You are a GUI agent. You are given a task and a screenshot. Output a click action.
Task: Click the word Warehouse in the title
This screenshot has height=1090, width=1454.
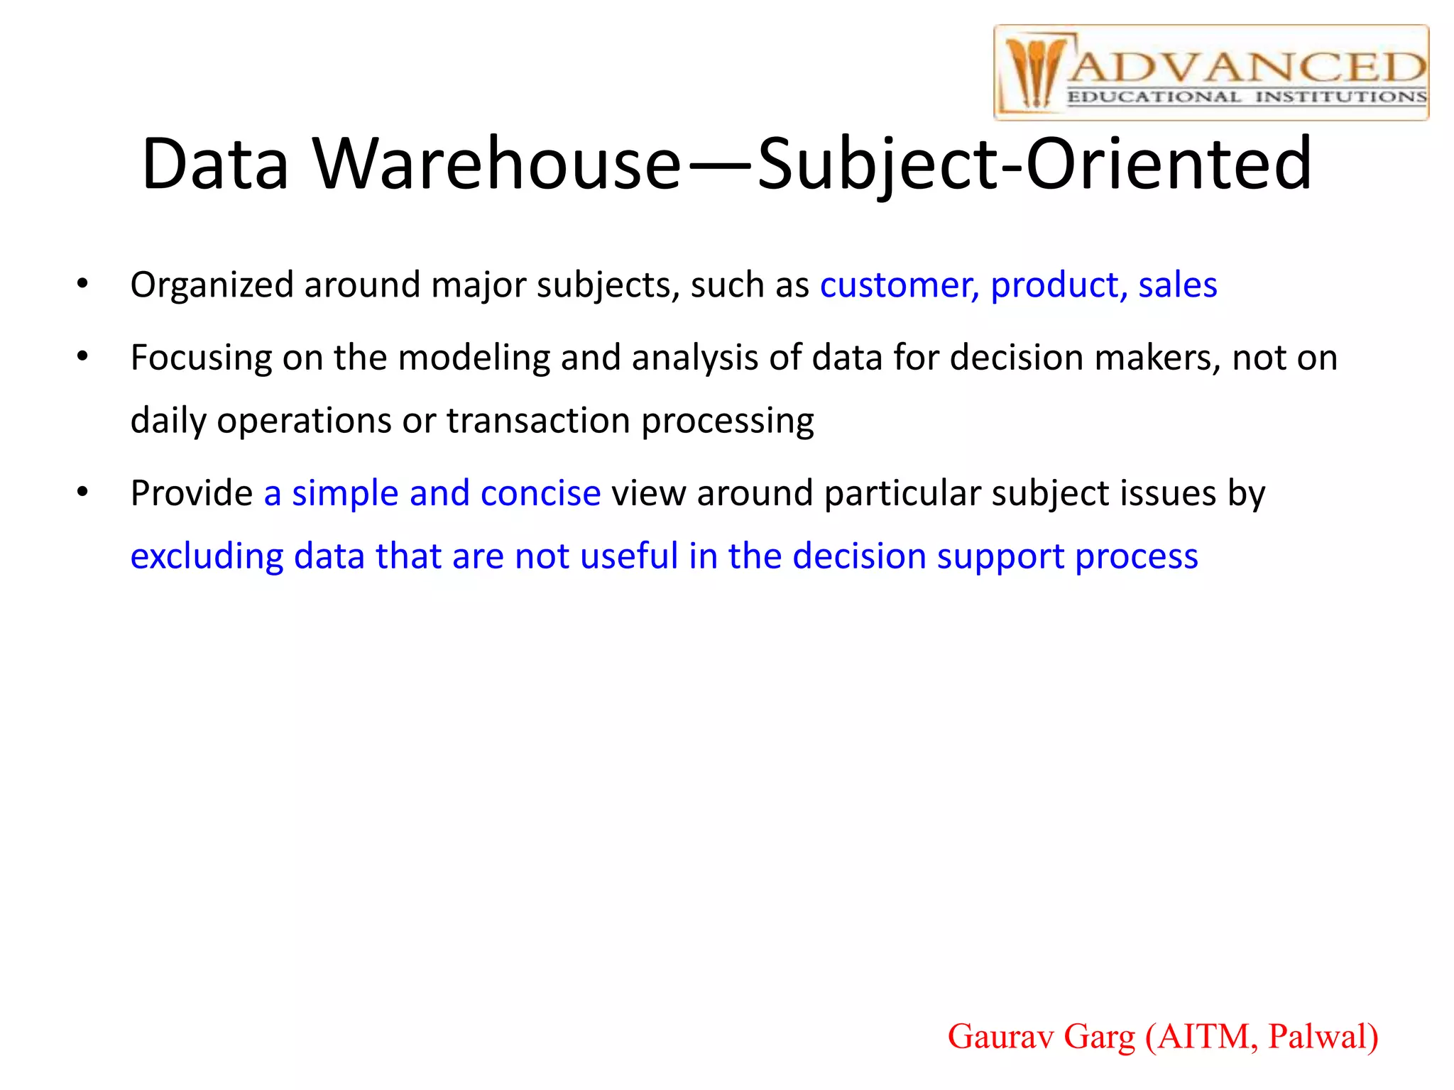tap(497, 165)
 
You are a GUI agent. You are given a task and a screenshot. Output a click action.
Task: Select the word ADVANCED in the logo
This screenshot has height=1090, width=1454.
tap(1247, 68)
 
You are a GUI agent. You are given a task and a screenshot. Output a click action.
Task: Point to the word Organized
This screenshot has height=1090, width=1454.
tap(212, 285)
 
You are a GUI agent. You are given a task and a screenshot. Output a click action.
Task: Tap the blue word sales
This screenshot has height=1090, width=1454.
tap(1178, 285)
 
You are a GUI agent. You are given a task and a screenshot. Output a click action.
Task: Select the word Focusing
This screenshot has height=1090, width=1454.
tap(201, 358)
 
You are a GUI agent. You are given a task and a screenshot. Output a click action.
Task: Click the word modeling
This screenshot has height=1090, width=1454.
tap(474, 358)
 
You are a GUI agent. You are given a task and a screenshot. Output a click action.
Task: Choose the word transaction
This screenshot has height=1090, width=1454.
tap(537, 421)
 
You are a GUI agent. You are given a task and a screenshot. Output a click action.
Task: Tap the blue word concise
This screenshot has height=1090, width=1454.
tap(540, 493)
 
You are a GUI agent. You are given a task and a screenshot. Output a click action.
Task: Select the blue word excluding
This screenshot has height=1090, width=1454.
tap(207, 556)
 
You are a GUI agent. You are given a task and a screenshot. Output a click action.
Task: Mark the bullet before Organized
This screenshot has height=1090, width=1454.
tap(83, 285)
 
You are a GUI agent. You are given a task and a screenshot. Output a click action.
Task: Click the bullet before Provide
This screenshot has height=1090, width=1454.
tap(83, 492)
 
